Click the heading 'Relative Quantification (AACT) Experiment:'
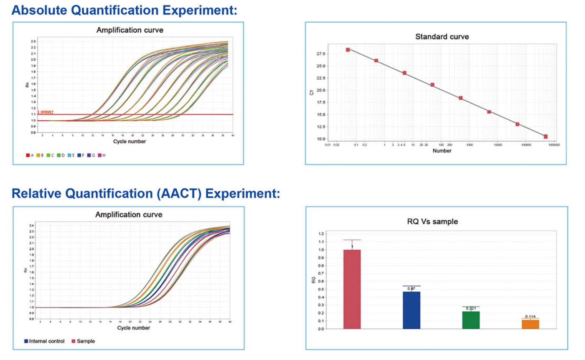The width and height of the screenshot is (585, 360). tap(145, 194)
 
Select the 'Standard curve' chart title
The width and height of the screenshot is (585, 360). tap(442, 37)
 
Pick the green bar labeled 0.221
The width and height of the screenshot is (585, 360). tap(471, 320)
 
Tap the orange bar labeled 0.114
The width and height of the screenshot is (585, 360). tap(530, 324)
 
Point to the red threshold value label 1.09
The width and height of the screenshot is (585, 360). tap(45, 112)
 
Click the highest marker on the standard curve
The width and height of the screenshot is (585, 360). tap(348, 50)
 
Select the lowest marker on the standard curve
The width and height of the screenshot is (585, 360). tap(545, 137)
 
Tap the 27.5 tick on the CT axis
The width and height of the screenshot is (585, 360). tap(320, 54)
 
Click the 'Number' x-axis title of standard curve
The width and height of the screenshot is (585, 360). tap(442, 151)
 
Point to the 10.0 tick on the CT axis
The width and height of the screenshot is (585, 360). tap(320, 139)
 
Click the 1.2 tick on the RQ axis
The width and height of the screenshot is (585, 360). tap(320, 233)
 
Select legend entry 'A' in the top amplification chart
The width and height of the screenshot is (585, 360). tap(30, 155)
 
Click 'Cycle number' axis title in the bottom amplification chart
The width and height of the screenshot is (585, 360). tap(133, 328)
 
